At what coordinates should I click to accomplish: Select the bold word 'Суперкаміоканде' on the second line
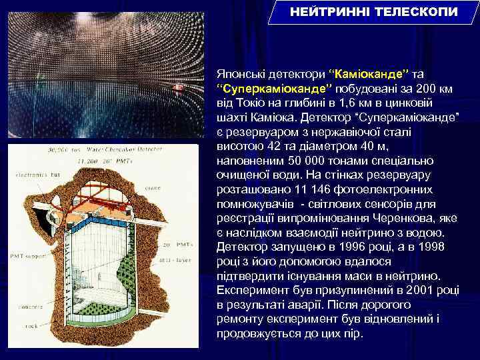275,89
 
